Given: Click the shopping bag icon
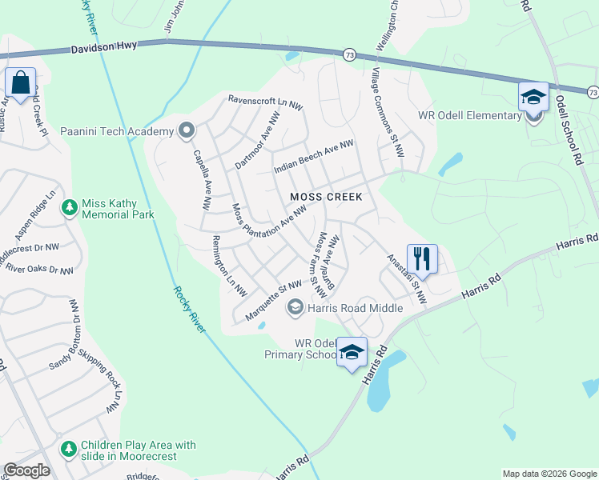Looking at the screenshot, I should coord(20,82).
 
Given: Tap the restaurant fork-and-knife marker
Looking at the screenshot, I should coord(422,258).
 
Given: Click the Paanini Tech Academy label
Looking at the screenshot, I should coord(117,130).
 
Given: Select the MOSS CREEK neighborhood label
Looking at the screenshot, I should coord(326,197).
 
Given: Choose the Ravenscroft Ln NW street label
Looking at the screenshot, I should coord(264,102).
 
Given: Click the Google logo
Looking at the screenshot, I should coord(26,470).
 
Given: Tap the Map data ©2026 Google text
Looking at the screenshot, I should coord(549,474).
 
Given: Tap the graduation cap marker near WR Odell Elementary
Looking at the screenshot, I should coord(533,98).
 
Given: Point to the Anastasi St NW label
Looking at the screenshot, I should coord(407,280).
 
